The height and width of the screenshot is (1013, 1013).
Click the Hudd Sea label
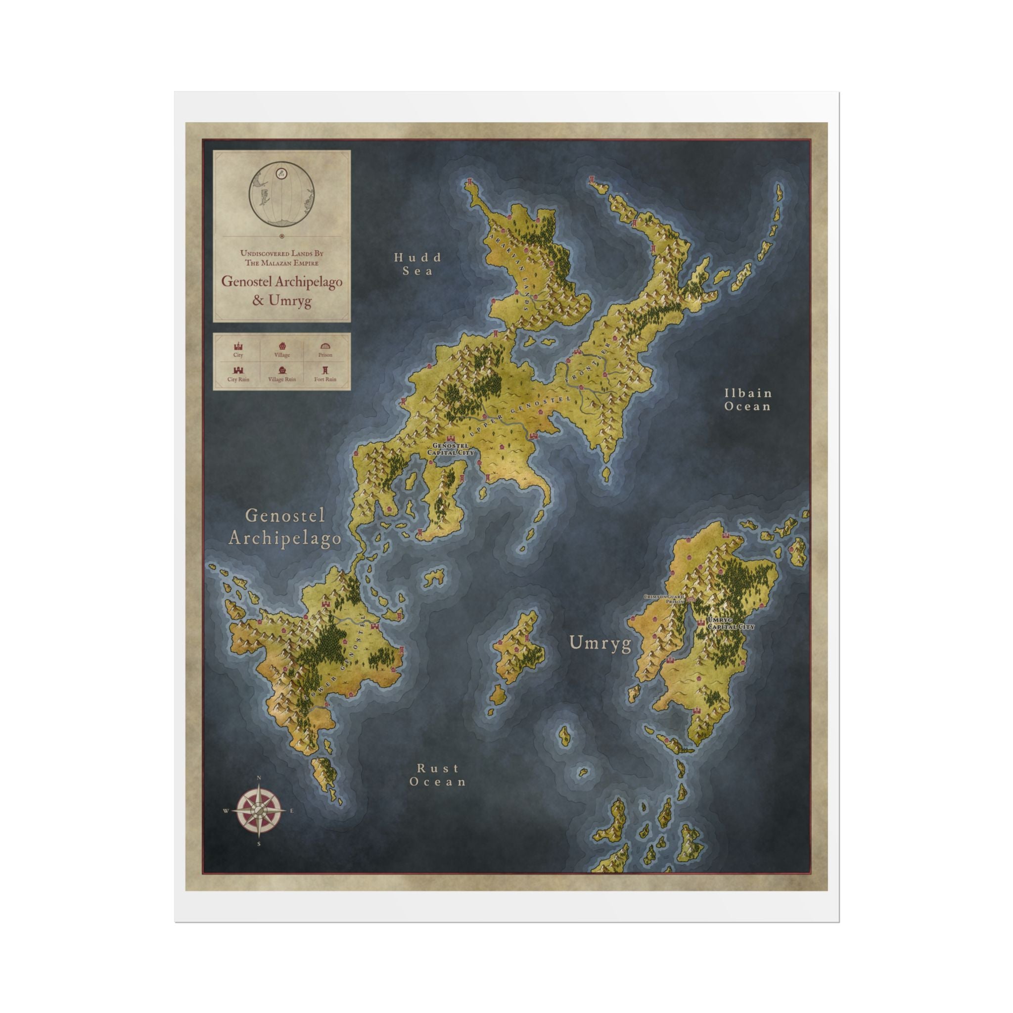click(418, 264)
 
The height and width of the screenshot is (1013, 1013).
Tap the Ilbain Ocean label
click(748, 399)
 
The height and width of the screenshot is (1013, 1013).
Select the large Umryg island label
click(600, 643)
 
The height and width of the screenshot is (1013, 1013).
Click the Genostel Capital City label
click(451, 449)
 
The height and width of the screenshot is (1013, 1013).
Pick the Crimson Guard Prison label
click(665, 599)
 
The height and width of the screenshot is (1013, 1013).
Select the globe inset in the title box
click(281, 193)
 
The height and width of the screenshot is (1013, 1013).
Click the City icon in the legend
click(238, 347)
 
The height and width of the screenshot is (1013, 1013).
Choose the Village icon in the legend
click(282, 347)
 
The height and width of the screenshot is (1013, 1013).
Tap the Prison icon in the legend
click(325, 347)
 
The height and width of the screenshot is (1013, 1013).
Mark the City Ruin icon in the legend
click(238, 370)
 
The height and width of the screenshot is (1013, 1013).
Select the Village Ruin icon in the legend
click(282, 370)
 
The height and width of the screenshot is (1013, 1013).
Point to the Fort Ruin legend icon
click(325, 370)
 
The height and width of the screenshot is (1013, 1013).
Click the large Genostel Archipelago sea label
click(285, 527)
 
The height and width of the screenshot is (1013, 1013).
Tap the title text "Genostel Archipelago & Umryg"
click(281, 290)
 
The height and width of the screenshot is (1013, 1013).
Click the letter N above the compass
click(259, 778)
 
